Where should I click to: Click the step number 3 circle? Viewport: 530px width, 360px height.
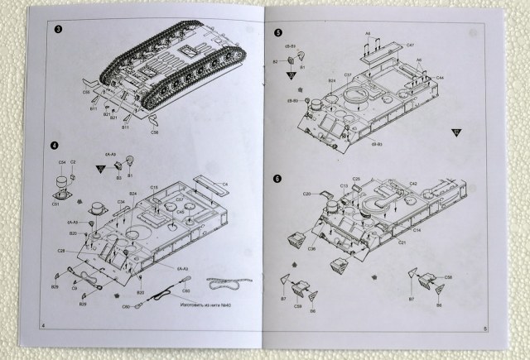(x=55, y=31)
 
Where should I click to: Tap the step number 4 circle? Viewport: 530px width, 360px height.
(x=54, y=146)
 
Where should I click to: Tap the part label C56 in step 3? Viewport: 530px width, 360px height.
(x=154, y=131)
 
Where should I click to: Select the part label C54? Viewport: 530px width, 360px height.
(x=61, y=162)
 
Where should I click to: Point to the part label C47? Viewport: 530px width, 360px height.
(x=411, y=44)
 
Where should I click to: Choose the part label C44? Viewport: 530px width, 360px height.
(x=441, y=77)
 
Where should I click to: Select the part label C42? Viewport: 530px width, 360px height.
(x=412, y=183)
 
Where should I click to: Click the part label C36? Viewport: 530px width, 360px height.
(x=311, y=248)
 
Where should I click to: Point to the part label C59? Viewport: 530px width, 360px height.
(x=296, y=305)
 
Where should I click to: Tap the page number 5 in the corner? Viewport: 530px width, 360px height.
(x=484, y=328)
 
